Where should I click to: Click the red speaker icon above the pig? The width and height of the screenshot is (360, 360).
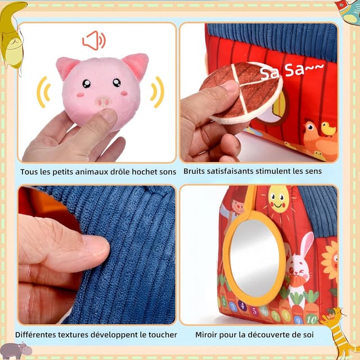[94, 40]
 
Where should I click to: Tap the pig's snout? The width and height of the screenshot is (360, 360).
[103, 101]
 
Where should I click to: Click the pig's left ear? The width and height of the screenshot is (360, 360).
[67, 67]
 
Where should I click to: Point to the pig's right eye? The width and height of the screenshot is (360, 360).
[116, 82]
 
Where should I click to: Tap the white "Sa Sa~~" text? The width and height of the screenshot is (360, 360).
[291, 70]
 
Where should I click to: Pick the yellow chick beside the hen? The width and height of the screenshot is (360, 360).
[328, 129]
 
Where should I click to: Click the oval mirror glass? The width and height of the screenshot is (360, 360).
[254, 258]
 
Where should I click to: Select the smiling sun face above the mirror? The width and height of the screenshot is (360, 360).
[279, 199]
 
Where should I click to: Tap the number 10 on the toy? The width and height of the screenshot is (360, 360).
[312, 319]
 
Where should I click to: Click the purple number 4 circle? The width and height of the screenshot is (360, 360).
[242, 305]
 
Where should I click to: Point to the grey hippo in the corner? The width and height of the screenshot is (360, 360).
[16, 350]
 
